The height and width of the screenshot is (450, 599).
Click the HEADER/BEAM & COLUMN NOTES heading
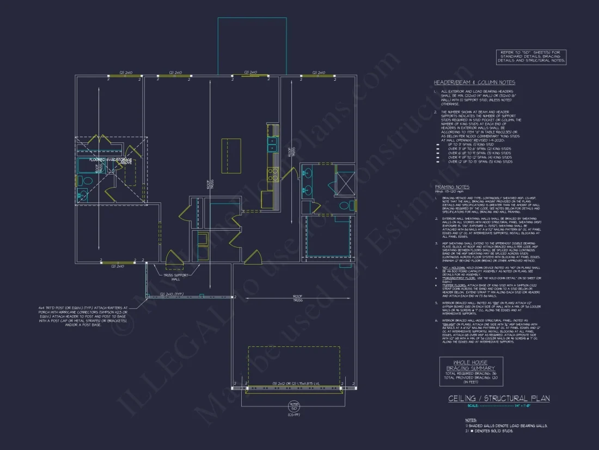click(474, 82)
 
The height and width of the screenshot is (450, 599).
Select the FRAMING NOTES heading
click(452, 187)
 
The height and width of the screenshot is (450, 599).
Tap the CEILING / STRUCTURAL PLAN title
click(499, 399)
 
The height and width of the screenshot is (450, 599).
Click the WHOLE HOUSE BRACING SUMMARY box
click(471, 371)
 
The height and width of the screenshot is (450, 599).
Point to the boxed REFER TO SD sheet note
click(531, 57)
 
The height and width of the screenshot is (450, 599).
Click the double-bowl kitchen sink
click(272, 144)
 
